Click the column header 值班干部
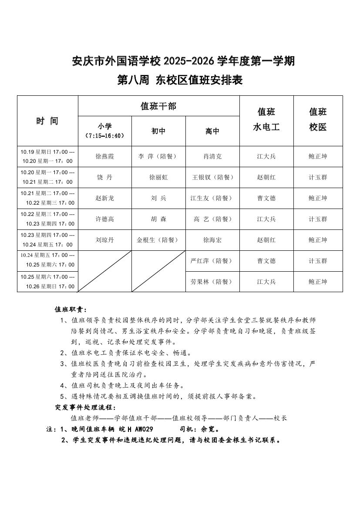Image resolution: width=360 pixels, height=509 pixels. (158, 106)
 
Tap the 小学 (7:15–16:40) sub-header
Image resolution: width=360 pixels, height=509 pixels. (104, 131)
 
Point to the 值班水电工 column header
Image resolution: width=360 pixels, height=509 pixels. (266, 119)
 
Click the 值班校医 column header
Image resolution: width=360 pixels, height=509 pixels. (318, 119)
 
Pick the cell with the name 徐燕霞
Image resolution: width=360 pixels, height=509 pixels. (104, 156)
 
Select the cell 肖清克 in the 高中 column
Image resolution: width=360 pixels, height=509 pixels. (212, 156)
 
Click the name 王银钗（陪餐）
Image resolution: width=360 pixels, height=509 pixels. (212, 177)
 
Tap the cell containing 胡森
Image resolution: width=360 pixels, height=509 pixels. (158, 219)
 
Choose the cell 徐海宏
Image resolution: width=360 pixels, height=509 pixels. (212, 240)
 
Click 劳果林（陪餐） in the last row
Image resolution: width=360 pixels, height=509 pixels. (212, 282)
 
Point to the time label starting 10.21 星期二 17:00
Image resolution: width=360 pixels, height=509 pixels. (47, 198)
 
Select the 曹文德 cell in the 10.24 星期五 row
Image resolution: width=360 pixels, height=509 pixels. (266, 261)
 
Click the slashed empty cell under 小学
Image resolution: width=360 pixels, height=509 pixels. (104, 271)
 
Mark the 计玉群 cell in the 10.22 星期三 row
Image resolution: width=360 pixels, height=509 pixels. (318, 219)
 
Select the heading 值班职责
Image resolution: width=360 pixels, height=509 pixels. (71, 310)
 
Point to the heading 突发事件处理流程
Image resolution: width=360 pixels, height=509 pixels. (85, 407)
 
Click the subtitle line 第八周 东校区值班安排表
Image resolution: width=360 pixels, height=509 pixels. (180, 80)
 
